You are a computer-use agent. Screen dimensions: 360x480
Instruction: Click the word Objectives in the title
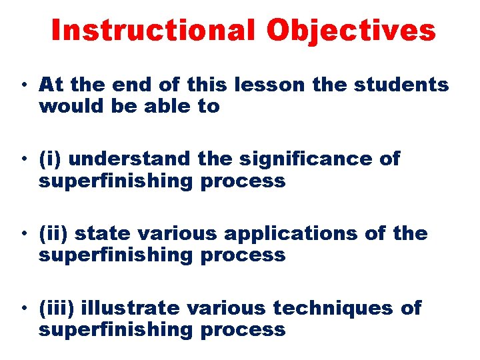[352, 31]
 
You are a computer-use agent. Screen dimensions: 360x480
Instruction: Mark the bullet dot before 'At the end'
[23, 86]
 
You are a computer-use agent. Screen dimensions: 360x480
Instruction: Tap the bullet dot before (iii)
[23, 309]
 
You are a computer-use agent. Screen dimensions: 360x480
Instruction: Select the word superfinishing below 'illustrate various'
[113, 329]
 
